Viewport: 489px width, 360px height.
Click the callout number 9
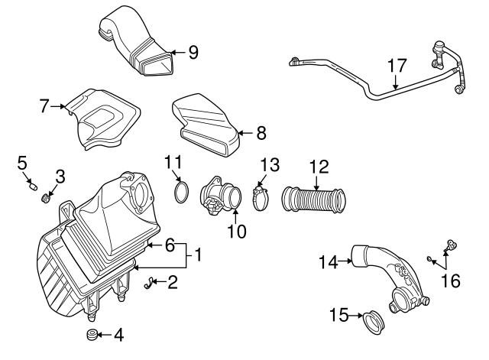click(x=193, y=52)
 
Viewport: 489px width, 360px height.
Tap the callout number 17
click(x=396, y=66)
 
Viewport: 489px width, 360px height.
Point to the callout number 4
click(x=118, y=334)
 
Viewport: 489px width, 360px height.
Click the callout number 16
click(x=451, y=281)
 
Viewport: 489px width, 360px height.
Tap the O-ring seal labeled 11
click(x=180, y=191)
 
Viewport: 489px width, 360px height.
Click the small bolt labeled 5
click(x=32, y=183)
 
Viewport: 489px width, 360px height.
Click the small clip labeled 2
click(x=148, y=284)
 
